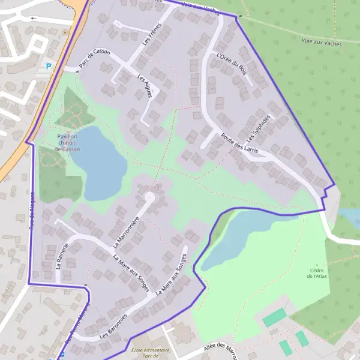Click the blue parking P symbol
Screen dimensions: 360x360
[49, 67]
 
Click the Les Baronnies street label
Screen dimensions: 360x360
[113, 325]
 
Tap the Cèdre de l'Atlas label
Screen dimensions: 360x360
[317, 272]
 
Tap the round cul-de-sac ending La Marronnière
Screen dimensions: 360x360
[149, 197]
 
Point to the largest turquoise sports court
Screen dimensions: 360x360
[274, 317]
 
